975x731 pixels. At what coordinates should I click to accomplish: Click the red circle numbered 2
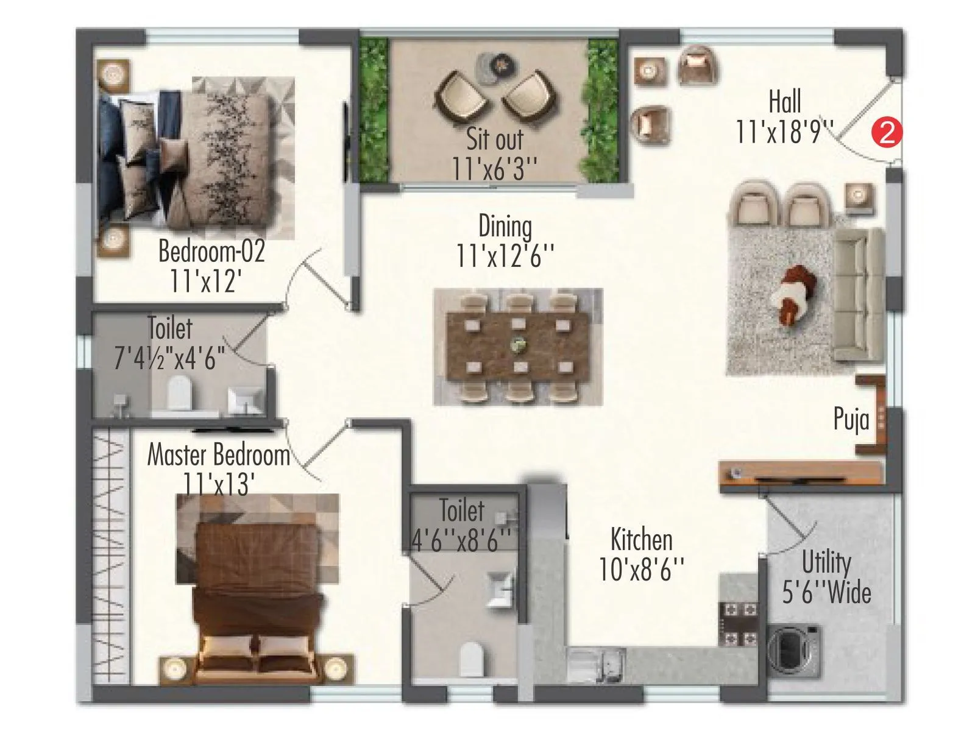pyautogui.click(x=887, y=132)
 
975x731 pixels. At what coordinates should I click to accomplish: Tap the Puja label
pyautogui.click(x=851, y=420)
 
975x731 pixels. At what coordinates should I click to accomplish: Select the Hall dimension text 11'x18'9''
pyautogui.click(x=785, y=132)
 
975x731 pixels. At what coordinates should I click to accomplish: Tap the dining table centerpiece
pyautogui.click(x=518, y=345)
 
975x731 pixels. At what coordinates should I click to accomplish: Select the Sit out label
pyautogui.click(x=494, y=139)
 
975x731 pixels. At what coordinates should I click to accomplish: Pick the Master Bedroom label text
pyautogui.click(x=218, y=455)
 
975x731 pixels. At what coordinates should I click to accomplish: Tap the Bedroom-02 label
pyautogui.click(x=211, y=251)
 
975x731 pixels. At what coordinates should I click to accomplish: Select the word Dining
pyautogui.click(x=505, y=226)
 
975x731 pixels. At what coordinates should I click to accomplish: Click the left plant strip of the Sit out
pyautogui.click(x=374, y=110)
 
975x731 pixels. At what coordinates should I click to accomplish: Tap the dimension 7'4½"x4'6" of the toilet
pyautogui.click(x=170, y=358)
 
